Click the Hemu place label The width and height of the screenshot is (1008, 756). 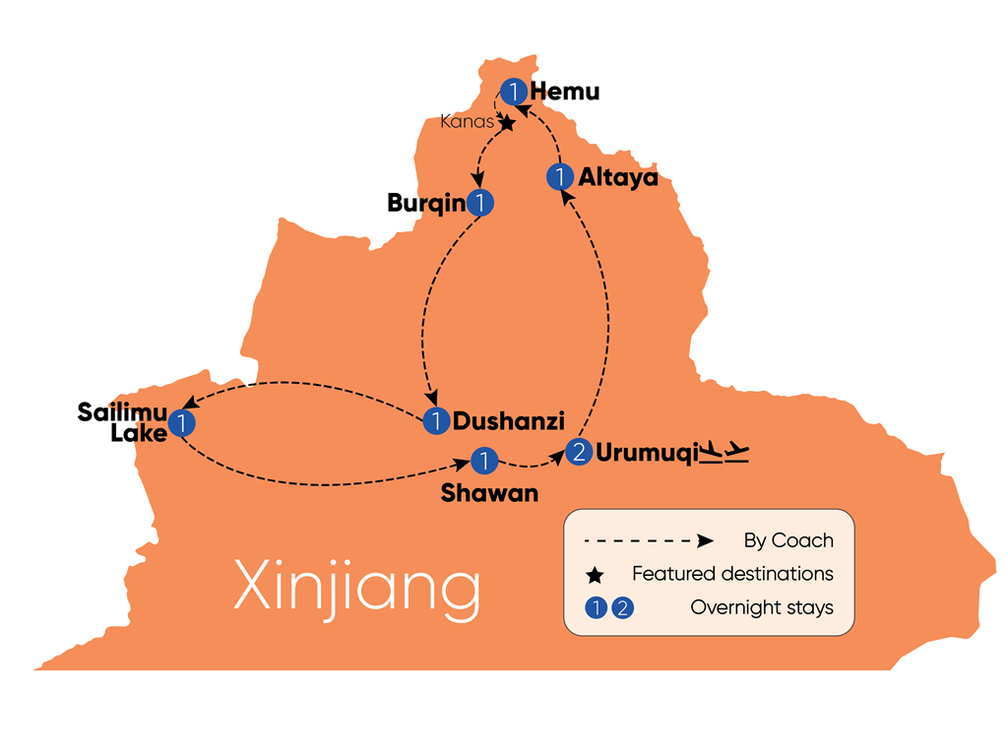click(x=564, y=92)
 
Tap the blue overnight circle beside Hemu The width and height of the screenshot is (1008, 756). click(x=514, y=92)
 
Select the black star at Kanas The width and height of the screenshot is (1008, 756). click(x=507, y=122)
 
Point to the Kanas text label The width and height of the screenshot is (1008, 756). click(x=467, y=121)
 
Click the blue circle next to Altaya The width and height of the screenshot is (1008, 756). click(x=560, y=177)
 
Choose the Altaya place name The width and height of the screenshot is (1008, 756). click(x=618, y=177)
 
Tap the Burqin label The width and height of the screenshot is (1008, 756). click(x=426, y=203)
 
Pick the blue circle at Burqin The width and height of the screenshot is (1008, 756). click(x=479, y=203)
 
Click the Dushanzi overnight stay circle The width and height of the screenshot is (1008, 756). click(x=436, y=421)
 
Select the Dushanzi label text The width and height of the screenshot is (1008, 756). click(x=509, y=421)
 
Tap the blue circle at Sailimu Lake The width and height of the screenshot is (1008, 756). click(x=182, y=423)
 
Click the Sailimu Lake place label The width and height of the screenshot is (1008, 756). click(x=122, y=422)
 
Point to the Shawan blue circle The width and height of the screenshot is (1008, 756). click(x=484, y=461)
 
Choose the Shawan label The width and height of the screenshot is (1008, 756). click(x=489, y=493)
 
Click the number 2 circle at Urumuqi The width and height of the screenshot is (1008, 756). click(x=579, y=452)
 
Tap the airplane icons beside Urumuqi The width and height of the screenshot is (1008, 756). click(x=724, y=452)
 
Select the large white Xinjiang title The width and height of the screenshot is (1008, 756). click(x=357, y=587)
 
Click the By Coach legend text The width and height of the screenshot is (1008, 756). click(x=788, y=540)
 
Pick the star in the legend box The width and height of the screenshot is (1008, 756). click(x=596, y=575)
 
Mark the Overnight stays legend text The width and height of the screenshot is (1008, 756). click(x=762, y=607)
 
